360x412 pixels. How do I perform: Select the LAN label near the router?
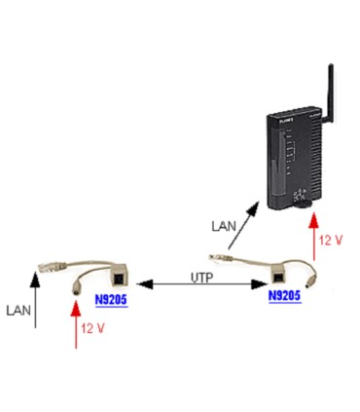(x=223, y=226)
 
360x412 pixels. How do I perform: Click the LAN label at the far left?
(x=19, y=311)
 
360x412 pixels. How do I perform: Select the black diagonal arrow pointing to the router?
(x=244, y=223)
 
